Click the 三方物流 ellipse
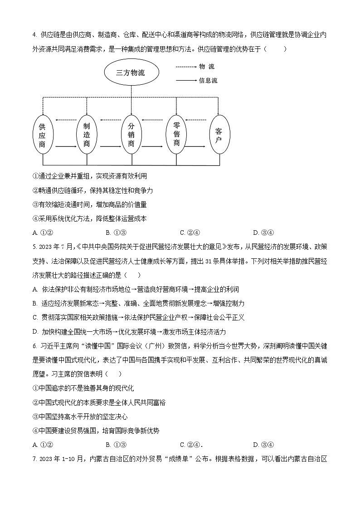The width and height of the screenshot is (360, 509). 131,73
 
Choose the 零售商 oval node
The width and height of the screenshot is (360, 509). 176,134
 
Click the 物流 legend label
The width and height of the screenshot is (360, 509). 207,67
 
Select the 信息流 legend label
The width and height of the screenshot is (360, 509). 208,81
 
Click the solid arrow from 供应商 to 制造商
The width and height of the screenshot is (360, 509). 64,147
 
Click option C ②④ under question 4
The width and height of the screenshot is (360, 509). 190,233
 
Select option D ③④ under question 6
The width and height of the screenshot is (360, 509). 263,445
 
